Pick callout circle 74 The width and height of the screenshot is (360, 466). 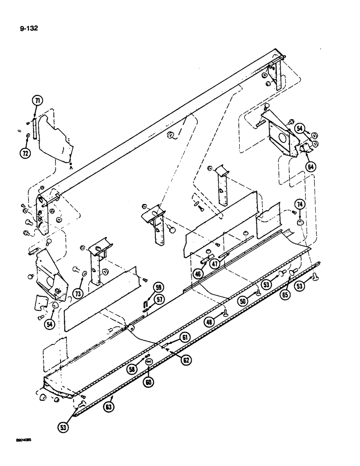[299, 204]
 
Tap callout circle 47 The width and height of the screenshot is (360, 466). [215, 264]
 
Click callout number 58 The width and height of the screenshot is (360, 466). [134, 369]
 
